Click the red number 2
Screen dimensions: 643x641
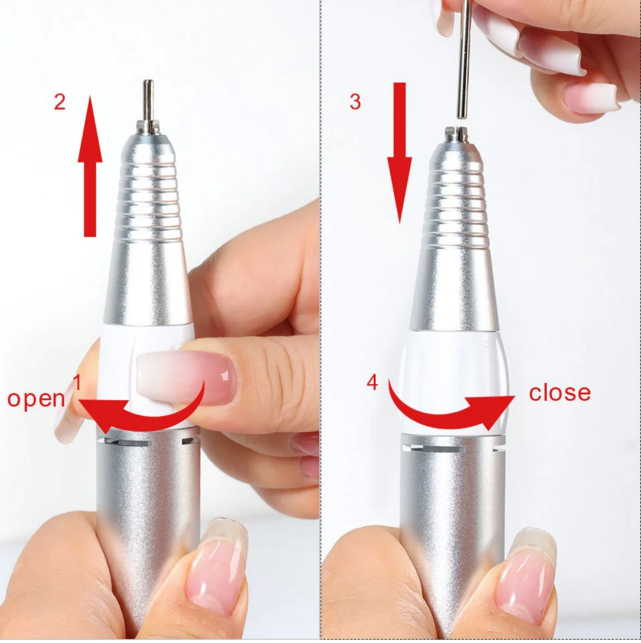(60, 103)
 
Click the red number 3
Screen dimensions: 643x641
(355, 101)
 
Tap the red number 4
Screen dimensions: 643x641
(373, 383)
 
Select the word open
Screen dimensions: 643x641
(36, 399)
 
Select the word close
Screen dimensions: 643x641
(560, 392)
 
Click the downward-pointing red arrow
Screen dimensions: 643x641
(399, 153)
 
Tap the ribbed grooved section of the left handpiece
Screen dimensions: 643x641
(149, 193)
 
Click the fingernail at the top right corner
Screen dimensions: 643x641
(591, 97)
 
